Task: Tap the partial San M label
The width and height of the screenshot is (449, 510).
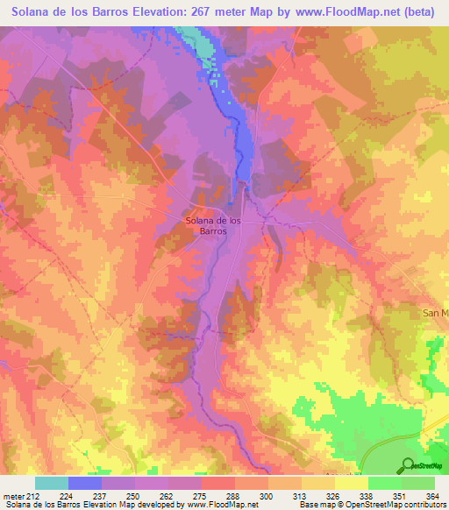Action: click(x=435, y=313)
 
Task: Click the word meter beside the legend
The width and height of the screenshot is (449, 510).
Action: click(x=11, y=495)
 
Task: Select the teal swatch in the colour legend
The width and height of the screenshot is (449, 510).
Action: click(x=52, y=483)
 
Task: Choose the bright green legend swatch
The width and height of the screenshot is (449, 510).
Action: click(x=385, y=483)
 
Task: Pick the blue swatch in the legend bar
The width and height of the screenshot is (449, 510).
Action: click(x=85, y=483)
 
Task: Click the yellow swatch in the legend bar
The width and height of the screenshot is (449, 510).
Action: click(x=352, y=483)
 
